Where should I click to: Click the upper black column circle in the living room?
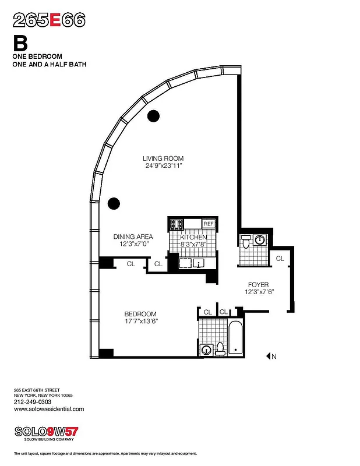coord(153,116)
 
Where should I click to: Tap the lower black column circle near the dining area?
coord(114,203)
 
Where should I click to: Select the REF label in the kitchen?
coord(208,224)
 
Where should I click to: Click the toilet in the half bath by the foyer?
coord(245,241)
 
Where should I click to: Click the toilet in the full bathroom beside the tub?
coord(220,348)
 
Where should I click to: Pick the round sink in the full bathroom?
coord(206,349)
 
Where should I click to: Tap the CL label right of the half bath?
coord(280,258)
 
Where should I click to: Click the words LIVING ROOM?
coord(164,158)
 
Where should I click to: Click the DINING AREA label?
coord(133,236)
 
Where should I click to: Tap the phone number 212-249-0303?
coord(33,402)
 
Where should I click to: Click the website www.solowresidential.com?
coord(48,409)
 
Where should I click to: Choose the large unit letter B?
coord(21,44)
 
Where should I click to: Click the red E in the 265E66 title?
coord(55,20)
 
